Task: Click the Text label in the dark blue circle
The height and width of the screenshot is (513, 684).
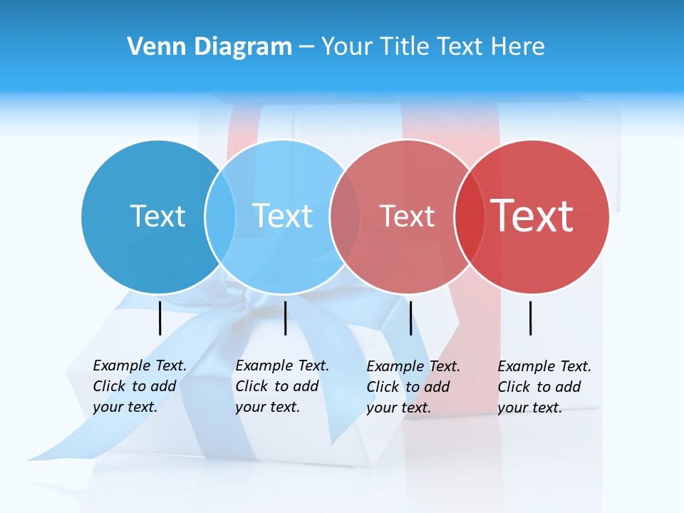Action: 157,216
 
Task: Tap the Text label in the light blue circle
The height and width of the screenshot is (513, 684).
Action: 282,216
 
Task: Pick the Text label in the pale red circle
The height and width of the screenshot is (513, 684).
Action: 407,216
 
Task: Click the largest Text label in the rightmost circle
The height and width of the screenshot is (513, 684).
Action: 532,216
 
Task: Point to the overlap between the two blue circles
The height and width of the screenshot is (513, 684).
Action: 220,217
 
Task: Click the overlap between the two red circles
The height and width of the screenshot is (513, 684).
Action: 470,217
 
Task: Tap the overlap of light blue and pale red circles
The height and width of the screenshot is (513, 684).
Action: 346,217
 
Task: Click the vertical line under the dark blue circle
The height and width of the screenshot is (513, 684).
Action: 160,318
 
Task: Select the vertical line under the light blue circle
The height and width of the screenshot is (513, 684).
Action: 285,318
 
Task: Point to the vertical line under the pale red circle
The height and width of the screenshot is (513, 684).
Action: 410,318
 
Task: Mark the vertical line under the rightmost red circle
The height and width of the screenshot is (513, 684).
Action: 531,318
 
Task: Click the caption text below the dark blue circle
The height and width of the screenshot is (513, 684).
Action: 139,386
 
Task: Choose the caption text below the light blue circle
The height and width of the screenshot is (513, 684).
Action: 281,386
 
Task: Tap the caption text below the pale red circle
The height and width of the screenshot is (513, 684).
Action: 413,387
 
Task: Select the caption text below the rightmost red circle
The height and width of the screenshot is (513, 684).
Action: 544,387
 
